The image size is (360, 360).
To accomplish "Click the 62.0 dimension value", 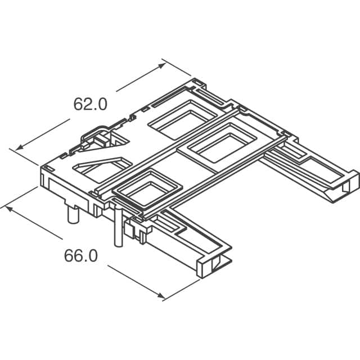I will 90,104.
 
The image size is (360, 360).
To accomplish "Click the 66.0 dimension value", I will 80,256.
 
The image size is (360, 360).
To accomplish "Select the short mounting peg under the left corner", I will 73,214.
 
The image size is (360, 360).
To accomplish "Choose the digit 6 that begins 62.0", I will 79,104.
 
